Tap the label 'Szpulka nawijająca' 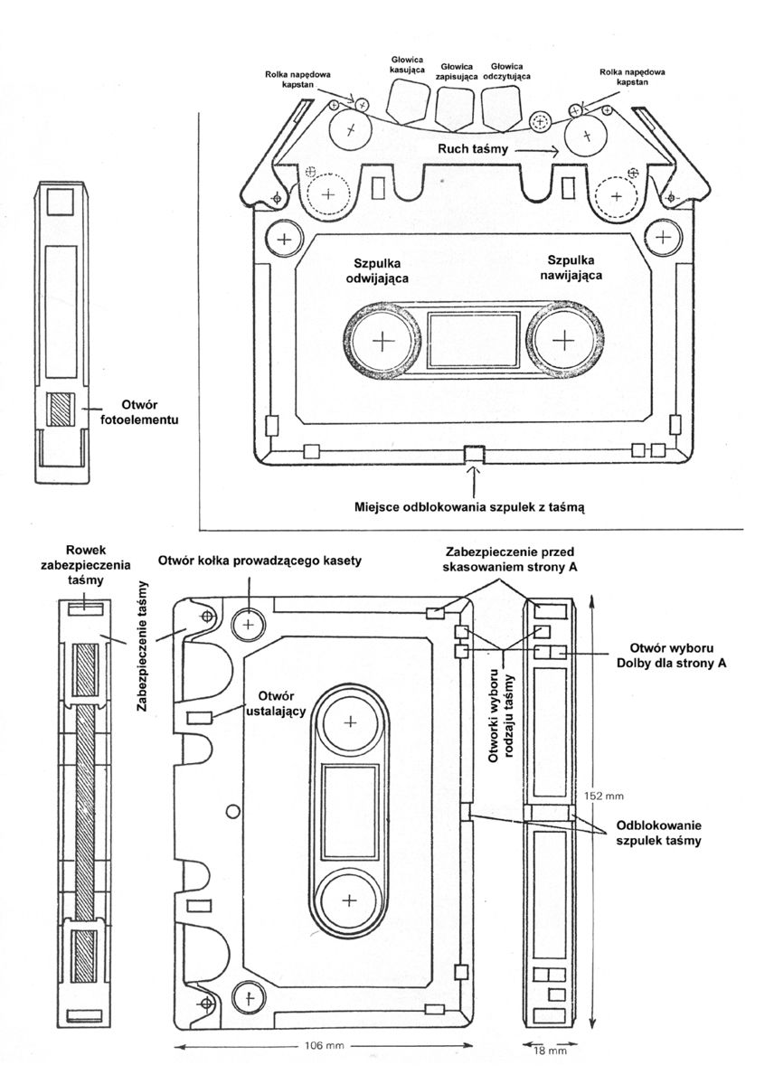coord(573,268)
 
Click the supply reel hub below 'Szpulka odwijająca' coord(381,341)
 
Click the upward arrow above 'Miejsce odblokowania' coord(473,481)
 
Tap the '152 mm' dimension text coord(605,796)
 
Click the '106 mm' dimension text coord(325,1045)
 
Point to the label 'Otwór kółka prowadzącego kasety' coord(260,561)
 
